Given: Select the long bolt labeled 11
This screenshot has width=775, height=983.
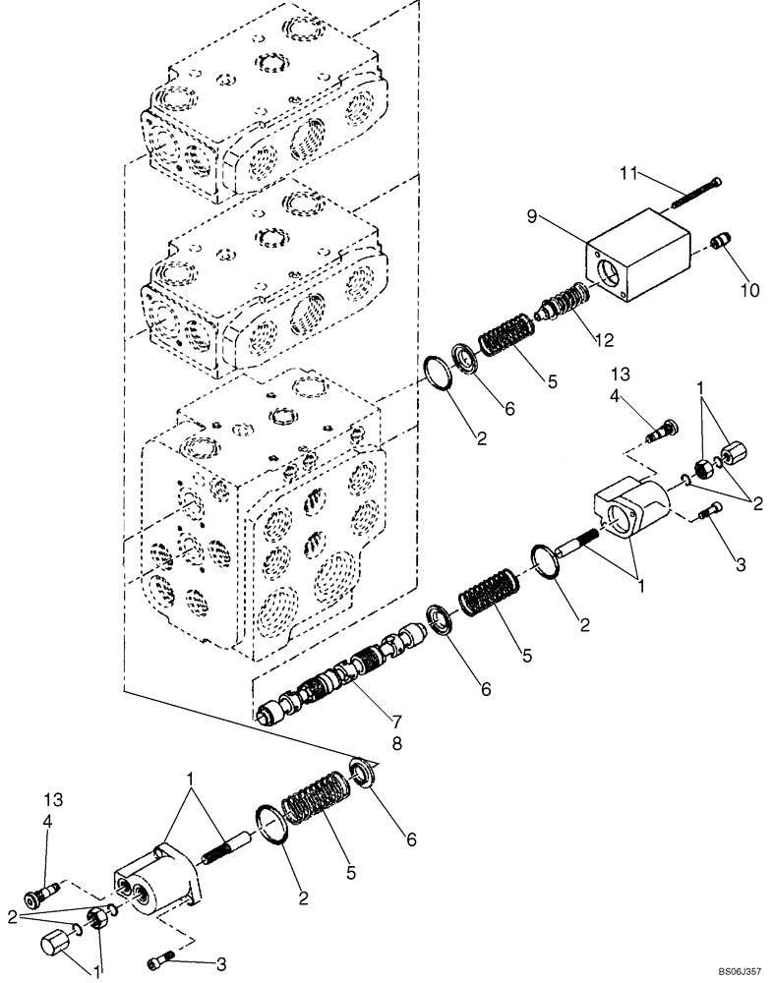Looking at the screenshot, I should [697, 192].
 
